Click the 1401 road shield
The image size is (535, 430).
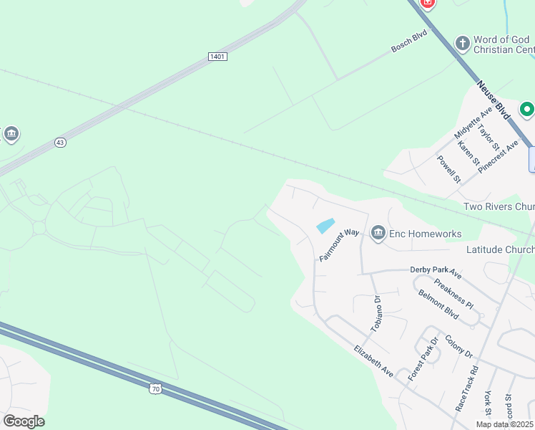click(218, 57)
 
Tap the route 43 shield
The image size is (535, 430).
click(60, 143)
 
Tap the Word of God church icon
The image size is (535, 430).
click(462, 43)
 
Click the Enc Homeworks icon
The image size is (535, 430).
click(378, 233)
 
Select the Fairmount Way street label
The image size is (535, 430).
click(339, 244)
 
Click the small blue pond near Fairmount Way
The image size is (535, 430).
click(325, 226)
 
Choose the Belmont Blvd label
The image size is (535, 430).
click(438, 305)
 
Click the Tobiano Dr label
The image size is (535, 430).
click(377, 312)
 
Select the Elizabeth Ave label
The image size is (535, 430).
click(373, 360)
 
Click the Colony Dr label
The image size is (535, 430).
click(458, 347)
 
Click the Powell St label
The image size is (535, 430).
click(448, 169)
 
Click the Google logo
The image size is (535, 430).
click(24, 421)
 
